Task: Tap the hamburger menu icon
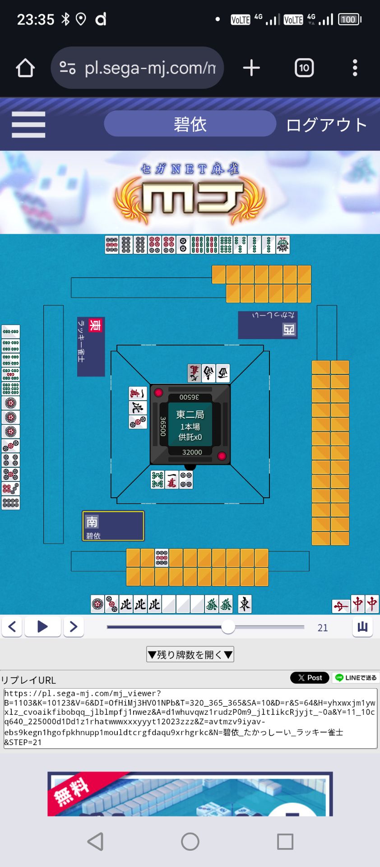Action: pos(28,125)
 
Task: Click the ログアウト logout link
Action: pos(326,125)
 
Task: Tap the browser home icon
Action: pos(25,68)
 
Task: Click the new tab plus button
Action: pos(251,68)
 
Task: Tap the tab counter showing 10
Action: pos(304,68)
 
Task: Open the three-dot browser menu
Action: pos(355,68)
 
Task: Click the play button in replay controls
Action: pos(42,627)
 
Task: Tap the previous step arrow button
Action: pos(12,627)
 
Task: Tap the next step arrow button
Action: pos(74,627)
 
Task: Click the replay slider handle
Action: pos(228,627)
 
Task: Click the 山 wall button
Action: pos(362,627)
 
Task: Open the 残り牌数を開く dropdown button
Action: pos(190,654)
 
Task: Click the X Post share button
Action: pos(310,678)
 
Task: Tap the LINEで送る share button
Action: pos(356,678)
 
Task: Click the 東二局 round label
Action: pos(190,415)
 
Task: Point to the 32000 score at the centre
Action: pos(192,452)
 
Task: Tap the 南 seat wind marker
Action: pos(92,522)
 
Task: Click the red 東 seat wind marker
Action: pos(95,325)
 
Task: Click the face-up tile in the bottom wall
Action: pos(162,558)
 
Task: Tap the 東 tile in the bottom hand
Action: pos(245,604)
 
